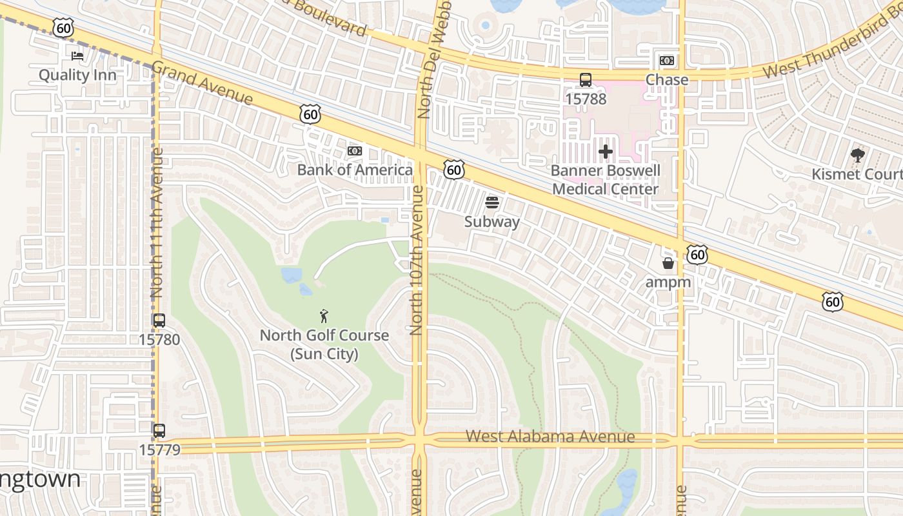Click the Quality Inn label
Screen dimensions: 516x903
pos(77,75)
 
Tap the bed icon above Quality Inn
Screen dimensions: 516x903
pos(77,56)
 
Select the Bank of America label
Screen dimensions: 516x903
pos(355,170)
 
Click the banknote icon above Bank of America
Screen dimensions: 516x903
pos(355,151)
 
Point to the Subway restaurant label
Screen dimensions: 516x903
pos(492,222)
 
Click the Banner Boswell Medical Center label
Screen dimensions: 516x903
pos(606,180)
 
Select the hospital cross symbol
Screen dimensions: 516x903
pos(606,152)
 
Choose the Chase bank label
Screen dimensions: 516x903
pos(667,79)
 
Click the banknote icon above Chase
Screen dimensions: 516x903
pos(667,61)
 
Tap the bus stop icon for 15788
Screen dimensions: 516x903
pos(586,80)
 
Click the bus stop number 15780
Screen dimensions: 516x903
pos(159,339)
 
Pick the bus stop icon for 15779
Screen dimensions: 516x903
pos(159,430)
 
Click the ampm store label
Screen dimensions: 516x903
pos(668,283)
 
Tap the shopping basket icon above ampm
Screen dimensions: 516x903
pos(668,263)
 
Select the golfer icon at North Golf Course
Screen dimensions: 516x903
pos(324,316)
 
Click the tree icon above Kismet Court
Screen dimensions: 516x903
pos(857,155)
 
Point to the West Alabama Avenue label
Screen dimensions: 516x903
pos(550,437)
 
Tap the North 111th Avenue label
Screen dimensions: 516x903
pos(157,223)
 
